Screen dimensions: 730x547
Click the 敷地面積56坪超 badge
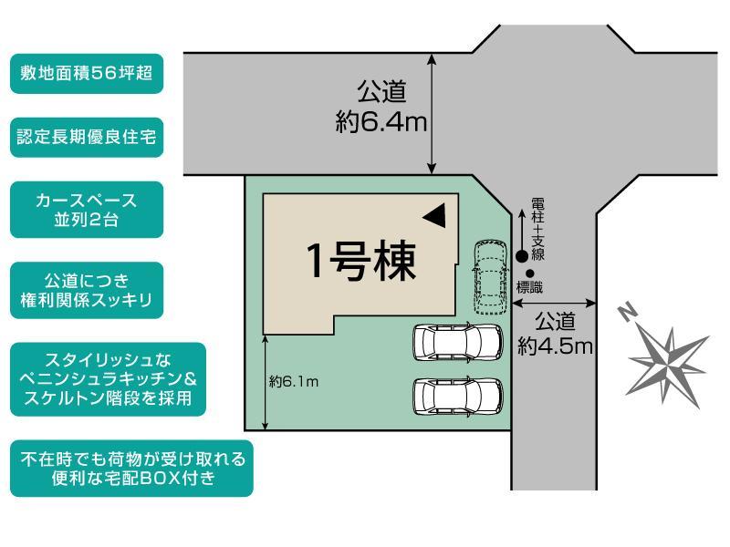(87, 74)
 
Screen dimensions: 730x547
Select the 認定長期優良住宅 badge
(87, 138)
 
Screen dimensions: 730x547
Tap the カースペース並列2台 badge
(87, 210)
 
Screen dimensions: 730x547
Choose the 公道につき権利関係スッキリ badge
(87, 291)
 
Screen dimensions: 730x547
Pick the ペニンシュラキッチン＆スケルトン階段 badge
(108, 379)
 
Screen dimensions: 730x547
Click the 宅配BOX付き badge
(131, 469)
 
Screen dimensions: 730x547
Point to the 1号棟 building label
(360, 261)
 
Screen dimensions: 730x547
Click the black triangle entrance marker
(435, 215)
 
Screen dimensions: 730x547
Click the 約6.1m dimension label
(294, 382)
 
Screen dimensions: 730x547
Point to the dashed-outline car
(490, 278)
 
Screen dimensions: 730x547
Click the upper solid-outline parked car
(458, 343)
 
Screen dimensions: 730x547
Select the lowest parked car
(458, 396)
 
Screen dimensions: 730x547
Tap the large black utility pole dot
(522, 256)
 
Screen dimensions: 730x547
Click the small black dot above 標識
(529, 274)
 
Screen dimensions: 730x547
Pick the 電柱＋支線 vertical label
(537, 229)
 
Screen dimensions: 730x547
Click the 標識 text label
(530, 287)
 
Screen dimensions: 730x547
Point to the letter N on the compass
(628, 312)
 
